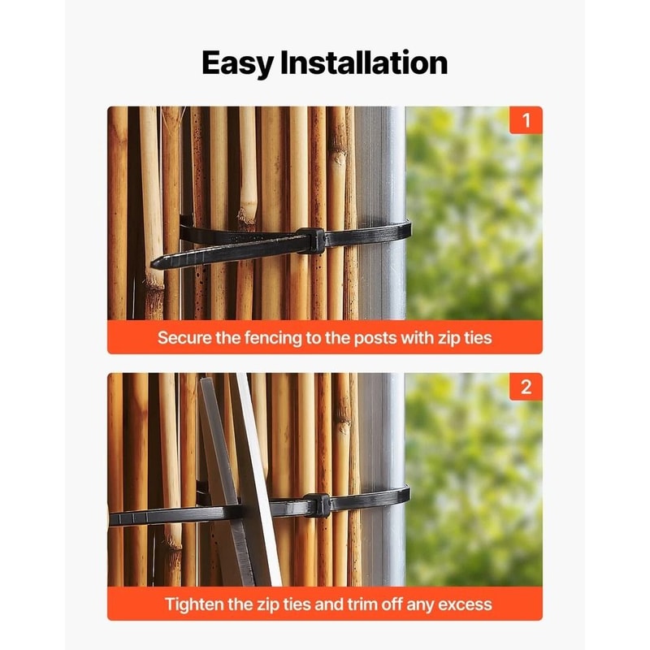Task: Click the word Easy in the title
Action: pos(236,63)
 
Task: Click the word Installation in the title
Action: pos(363,63)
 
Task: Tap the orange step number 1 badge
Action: pos(526,122)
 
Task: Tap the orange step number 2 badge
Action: pos(526,388)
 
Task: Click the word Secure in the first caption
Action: pos(184,337)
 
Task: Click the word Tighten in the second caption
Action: pos(196,604)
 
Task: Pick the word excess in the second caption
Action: pos(463,604)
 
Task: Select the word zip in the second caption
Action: pos(263,604)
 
